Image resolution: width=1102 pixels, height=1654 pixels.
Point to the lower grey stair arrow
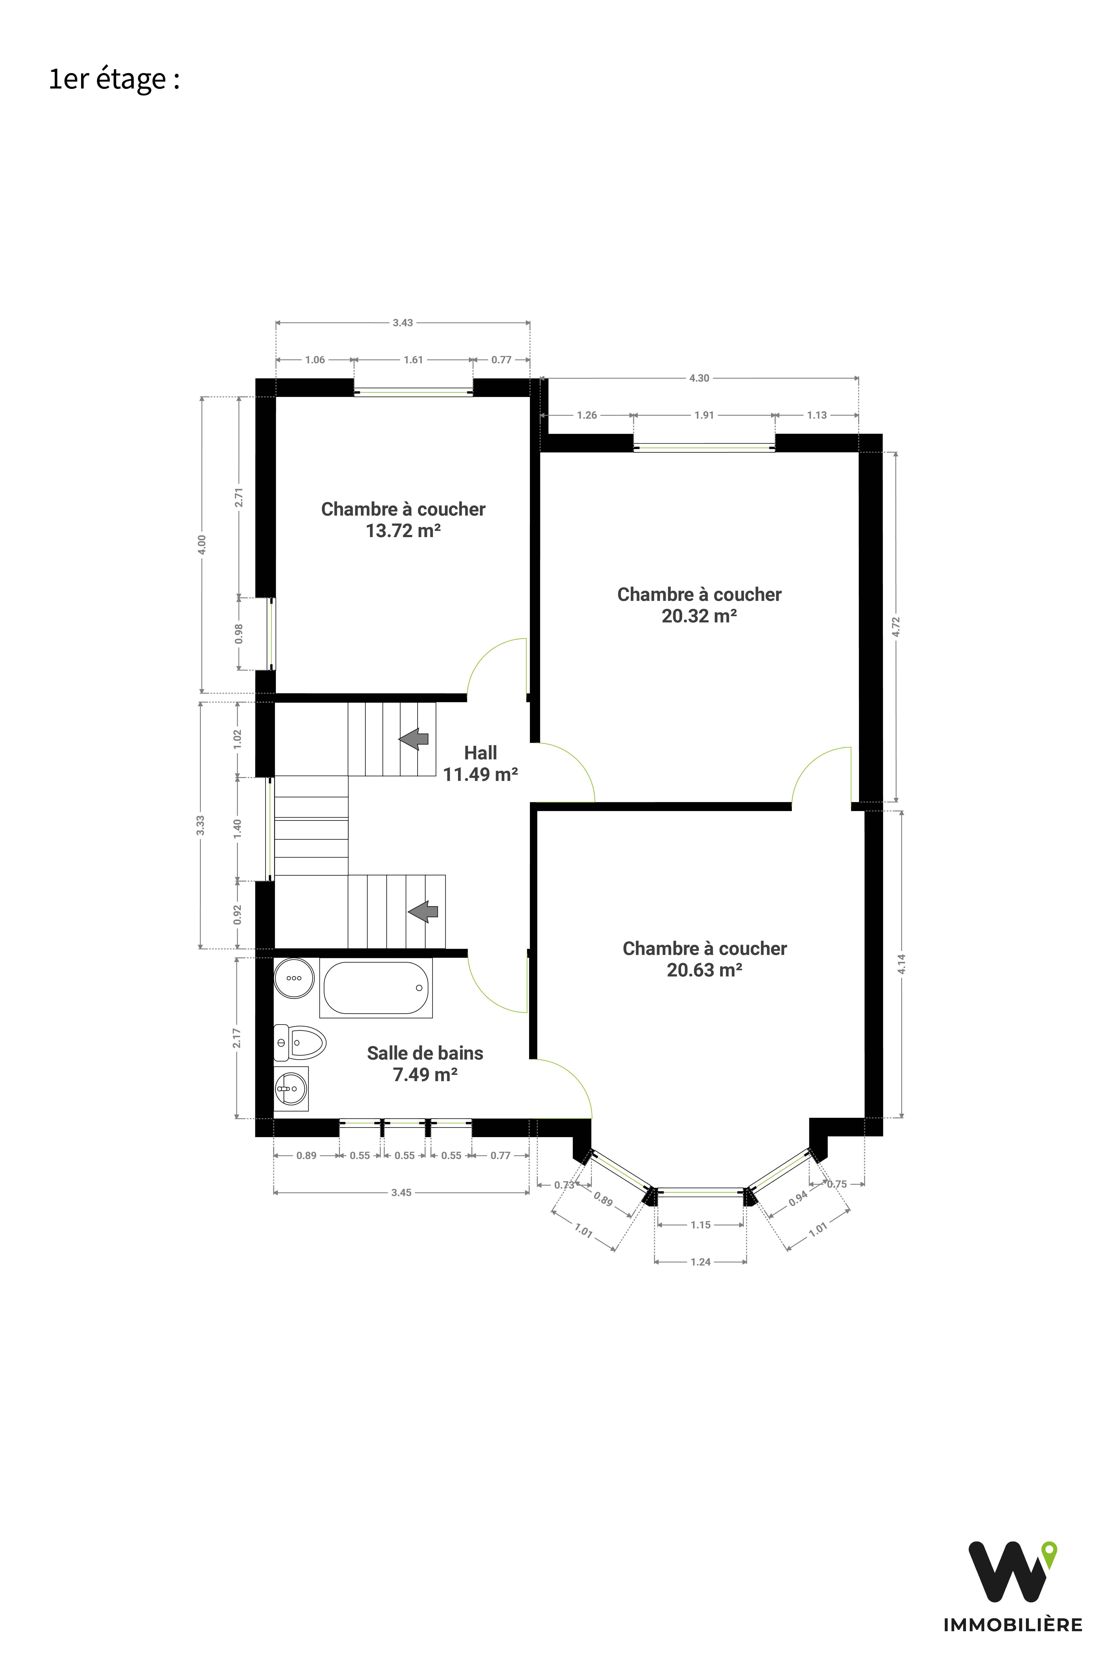coord(423,911)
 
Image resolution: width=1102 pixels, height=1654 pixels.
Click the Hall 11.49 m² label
coord(481,764)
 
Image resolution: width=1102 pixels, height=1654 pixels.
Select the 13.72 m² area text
coord(403,531)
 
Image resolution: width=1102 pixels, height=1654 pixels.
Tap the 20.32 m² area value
coord(699,616)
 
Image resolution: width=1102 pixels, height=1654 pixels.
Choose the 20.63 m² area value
coord(705,970)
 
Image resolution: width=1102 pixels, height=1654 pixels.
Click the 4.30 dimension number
coord(699,378)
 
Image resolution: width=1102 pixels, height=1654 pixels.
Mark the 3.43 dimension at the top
coord(403,323)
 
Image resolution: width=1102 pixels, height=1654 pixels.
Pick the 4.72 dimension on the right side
coord(896,626)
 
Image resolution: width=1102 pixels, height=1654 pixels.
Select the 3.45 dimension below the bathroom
coord(401,1193)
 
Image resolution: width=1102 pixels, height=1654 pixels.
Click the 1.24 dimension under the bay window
coord(701,1262)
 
